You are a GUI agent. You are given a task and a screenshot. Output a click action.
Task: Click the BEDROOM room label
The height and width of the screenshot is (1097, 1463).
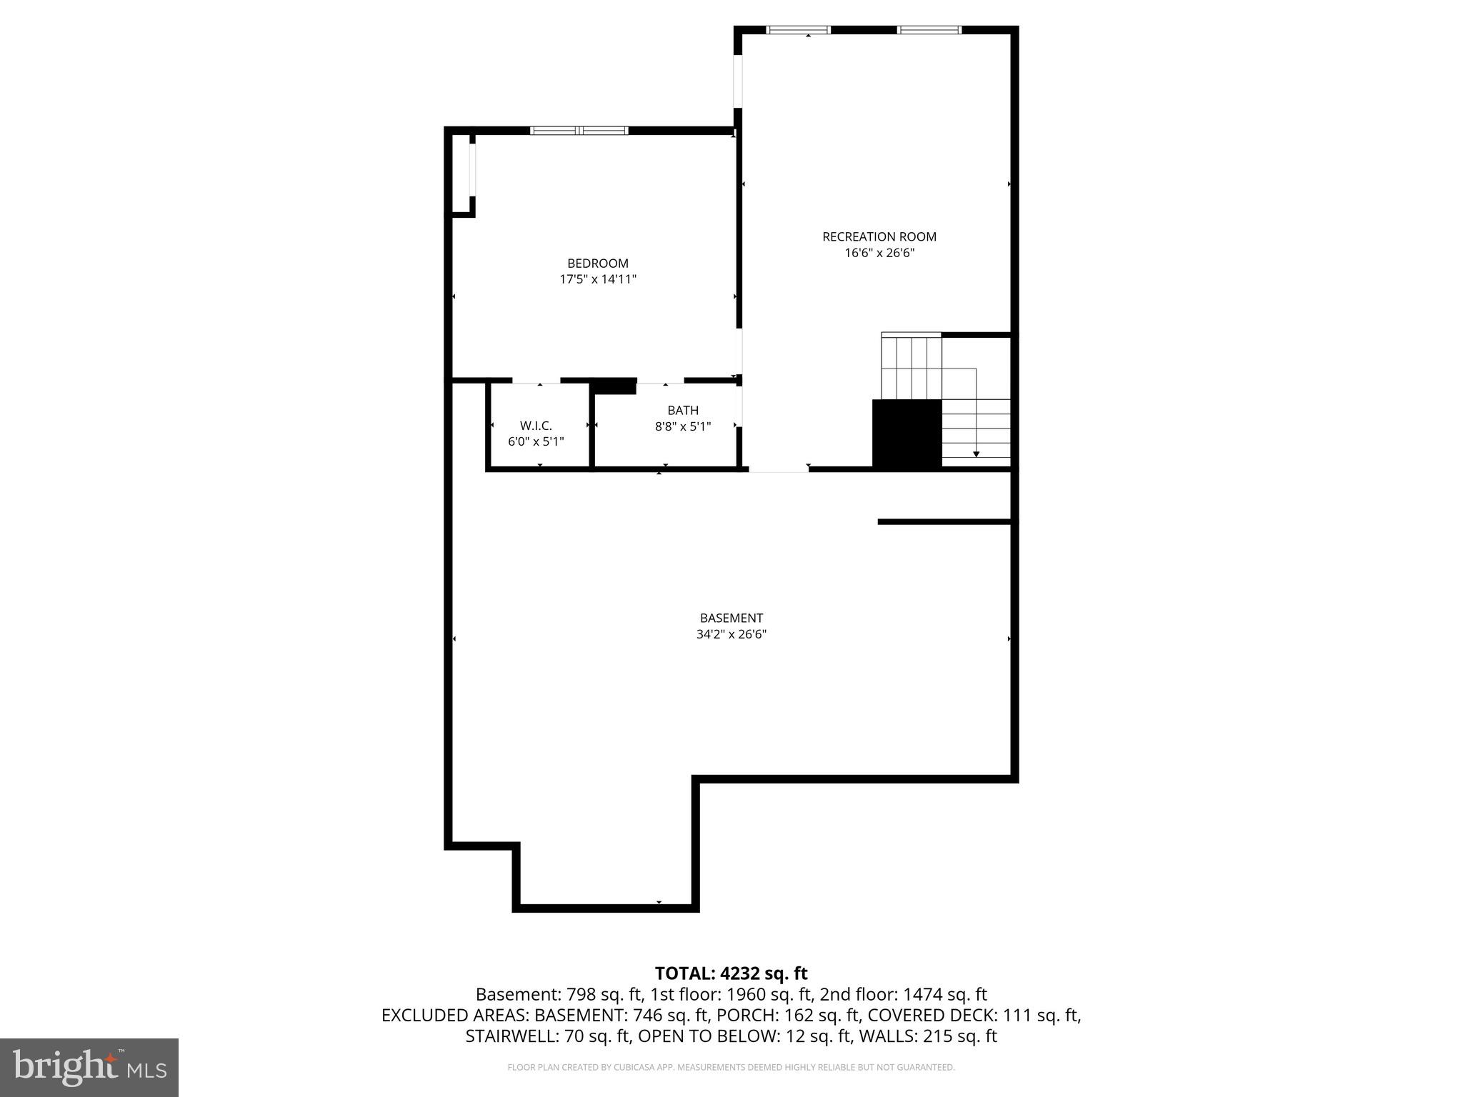[597, 264]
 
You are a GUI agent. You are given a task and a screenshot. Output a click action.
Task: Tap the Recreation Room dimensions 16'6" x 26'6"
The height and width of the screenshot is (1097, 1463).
[879, 253]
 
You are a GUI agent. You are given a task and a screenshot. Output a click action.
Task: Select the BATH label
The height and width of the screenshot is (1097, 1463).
[682, 411]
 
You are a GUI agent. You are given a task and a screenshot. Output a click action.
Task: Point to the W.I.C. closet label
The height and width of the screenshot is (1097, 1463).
[536, 426]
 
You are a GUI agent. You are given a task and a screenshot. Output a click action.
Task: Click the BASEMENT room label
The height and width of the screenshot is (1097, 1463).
[731, 618]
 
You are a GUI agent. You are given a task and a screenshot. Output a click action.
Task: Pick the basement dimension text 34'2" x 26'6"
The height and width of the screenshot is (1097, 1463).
[731, 634]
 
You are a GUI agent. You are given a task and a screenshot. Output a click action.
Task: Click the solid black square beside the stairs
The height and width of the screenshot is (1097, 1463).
[907, 434]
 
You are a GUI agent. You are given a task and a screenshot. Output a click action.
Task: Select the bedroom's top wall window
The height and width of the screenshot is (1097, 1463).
[579, 131]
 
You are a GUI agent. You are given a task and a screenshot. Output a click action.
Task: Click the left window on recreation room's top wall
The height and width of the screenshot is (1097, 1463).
[798, 30]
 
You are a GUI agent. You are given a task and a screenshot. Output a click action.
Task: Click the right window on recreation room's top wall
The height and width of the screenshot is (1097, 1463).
[929, 30]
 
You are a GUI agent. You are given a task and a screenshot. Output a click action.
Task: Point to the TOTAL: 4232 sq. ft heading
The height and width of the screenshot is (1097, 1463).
[731, 973]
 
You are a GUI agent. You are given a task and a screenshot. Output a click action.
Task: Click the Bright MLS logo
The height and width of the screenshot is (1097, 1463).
[89, 1068]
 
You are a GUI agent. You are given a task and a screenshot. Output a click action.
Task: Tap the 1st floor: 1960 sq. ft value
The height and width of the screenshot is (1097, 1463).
[731, 994]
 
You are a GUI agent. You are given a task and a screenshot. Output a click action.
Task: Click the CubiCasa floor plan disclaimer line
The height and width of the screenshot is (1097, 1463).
[731, 1068]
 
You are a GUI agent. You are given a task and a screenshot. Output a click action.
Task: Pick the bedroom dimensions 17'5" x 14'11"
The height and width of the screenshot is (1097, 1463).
[597, 279]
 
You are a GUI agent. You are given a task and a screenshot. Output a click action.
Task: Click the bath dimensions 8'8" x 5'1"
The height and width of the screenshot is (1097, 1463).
[682, 426]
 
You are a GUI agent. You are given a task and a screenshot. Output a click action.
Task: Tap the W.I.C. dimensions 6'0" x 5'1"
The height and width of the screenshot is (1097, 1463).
[536, 442]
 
